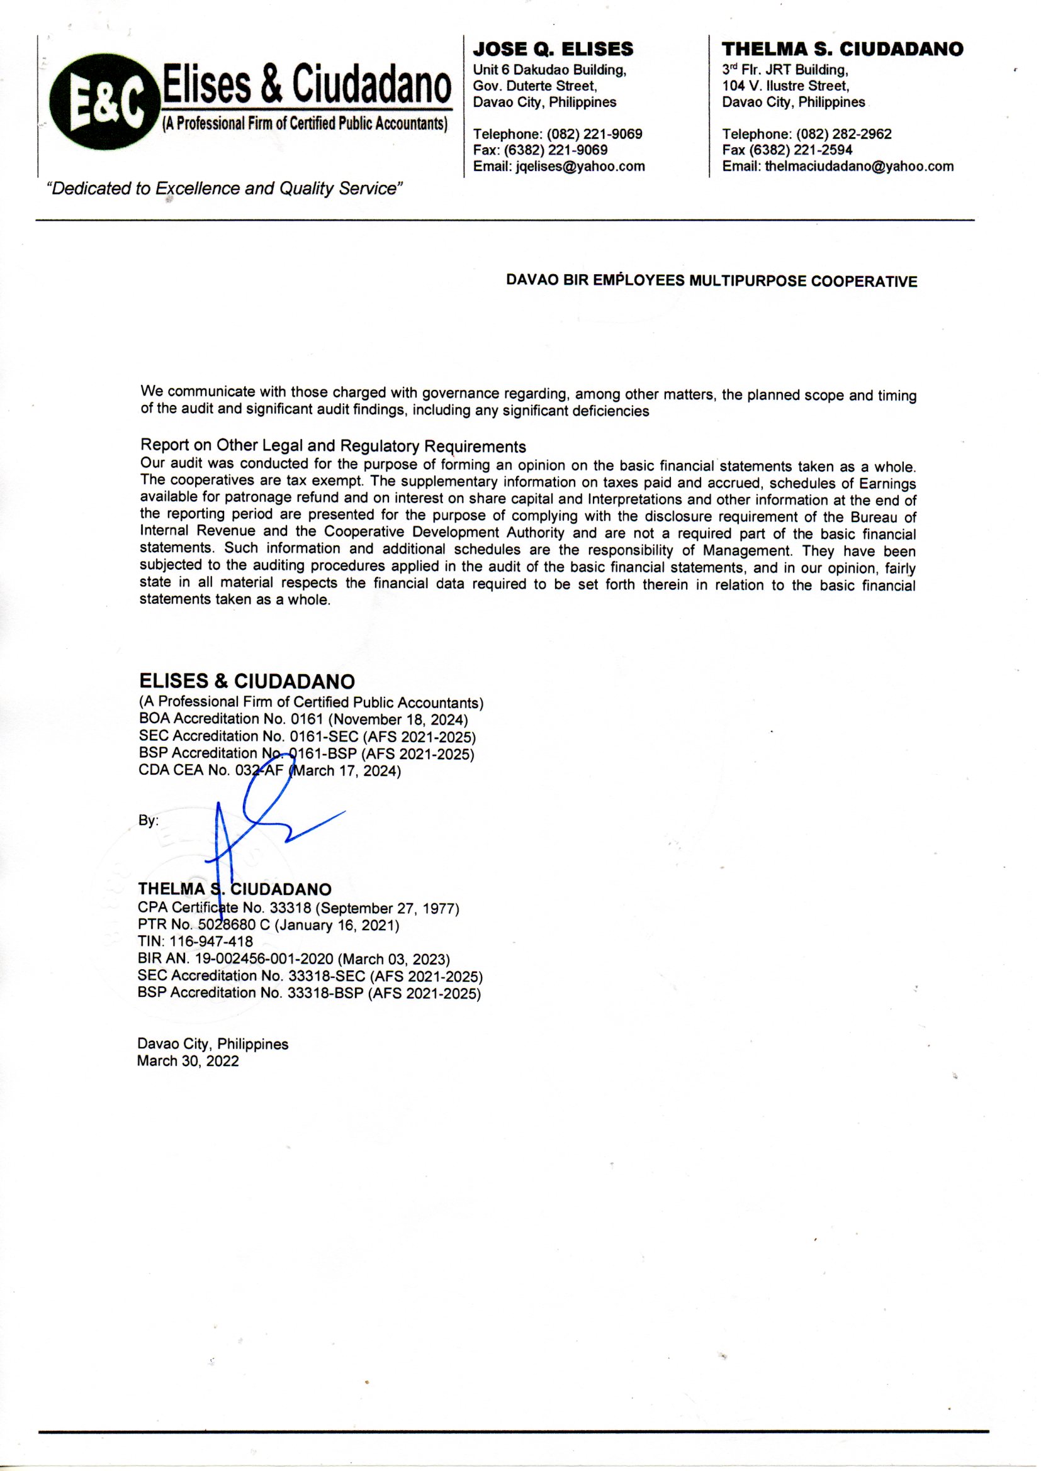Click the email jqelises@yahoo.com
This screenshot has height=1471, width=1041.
[x=580, y=167]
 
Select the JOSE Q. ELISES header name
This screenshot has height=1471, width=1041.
[x=553, y=49]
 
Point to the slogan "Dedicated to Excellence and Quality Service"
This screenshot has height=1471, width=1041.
[x=223, y=189]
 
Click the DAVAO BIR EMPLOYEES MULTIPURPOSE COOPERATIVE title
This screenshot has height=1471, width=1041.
[x=712, y=281]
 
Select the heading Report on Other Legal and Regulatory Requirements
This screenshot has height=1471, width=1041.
[x=333, y=446]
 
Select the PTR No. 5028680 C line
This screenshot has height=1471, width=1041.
[x=268, y=925]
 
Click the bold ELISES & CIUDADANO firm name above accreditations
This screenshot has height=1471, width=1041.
[x=247, y=680]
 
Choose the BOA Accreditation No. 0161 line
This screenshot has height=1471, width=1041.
[x=303, y=719]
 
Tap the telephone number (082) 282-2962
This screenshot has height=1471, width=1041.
[x=843, y=135]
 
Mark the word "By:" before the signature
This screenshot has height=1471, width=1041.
[x=149, y=821]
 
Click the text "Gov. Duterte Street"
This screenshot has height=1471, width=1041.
[x=534, y=86]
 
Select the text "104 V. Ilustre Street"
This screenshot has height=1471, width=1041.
[x=785, y=86]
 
